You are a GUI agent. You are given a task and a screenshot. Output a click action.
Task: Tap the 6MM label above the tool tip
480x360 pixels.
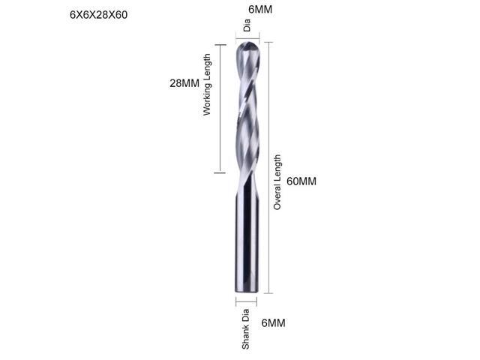(x=247, y=10)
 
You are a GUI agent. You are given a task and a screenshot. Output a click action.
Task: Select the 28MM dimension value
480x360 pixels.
(x=184, y=83)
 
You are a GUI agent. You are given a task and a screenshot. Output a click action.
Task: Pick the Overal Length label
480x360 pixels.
(x=277, y=181)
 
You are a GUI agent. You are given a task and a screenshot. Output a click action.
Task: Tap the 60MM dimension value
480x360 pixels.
(x=302, y=181)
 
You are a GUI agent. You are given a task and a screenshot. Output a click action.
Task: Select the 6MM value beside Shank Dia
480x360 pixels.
(x=273, y=323)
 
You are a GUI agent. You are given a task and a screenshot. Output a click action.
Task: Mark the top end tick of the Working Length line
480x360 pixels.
(x=219, y=44)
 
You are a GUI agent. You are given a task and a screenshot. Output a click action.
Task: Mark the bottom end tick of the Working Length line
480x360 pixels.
(x=219, y=173)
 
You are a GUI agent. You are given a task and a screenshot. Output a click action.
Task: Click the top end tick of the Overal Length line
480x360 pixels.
(x=268, y=41)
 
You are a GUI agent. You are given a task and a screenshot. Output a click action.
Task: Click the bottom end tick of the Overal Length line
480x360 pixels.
(x=268, y=292)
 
